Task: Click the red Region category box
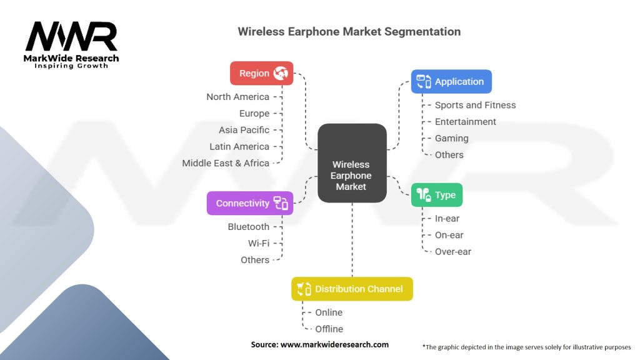coord(261,73)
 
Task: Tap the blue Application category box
coord(451,82)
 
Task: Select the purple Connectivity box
coord(250,203)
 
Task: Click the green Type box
coord(436,195)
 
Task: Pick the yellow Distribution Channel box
coord(352,289)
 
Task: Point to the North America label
coord(238,97)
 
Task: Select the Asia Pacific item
coord(244,130)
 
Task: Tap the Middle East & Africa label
coord(226,163)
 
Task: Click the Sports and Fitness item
coord(475,105)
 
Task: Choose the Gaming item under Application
coord(451,138)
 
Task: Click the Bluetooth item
coord(249,227)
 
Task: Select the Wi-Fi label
coord(259,243)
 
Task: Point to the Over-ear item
coord(452,252)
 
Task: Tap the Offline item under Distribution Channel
coord(329,329)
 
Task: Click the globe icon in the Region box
coord(281,73)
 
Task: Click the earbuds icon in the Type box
coord(424,195)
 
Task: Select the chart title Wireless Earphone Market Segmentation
coord(349,31)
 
